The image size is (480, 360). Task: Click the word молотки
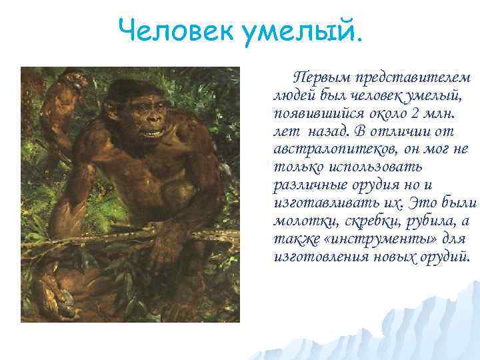point(301,220)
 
